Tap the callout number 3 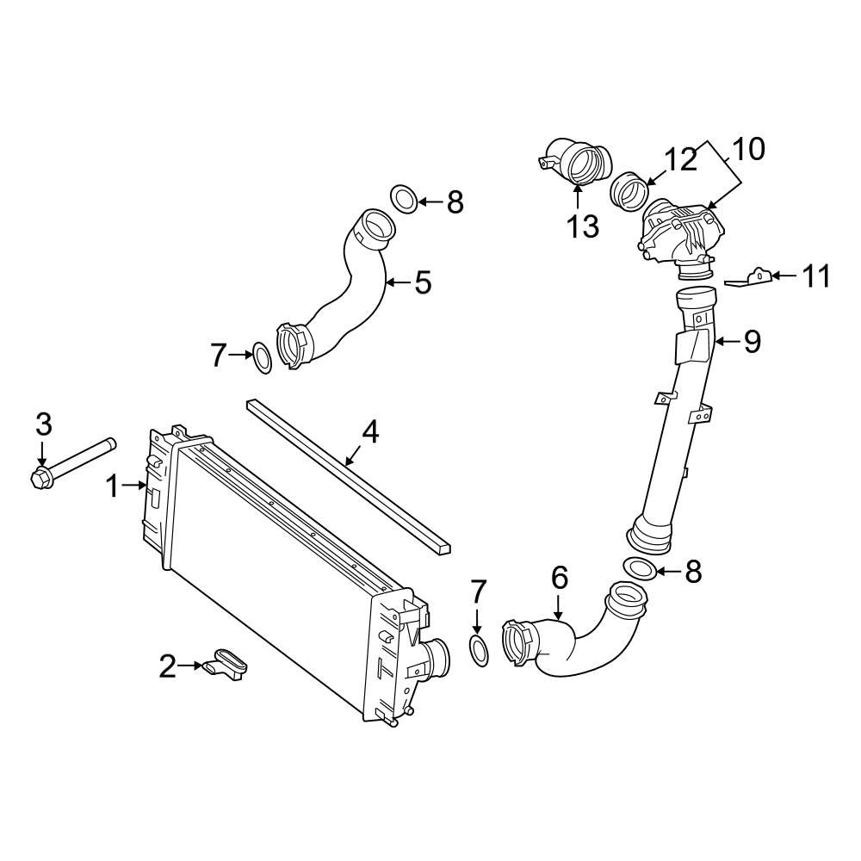(x=43, y=424)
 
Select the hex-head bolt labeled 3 (x=73, y=461)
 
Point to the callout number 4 (x=369, y=431)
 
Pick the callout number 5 (x=422, y=282)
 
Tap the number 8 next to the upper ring (x=455, y=203)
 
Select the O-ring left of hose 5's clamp (x=262, y=357)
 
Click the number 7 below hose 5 (x=219, y=355)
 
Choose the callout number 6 (x=560, y=578)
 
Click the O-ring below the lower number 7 (x=480, y=651)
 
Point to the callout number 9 (x=752, y=342)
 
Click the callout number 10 (x=748, y=149)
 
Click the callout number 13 (x=582, y=227)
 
